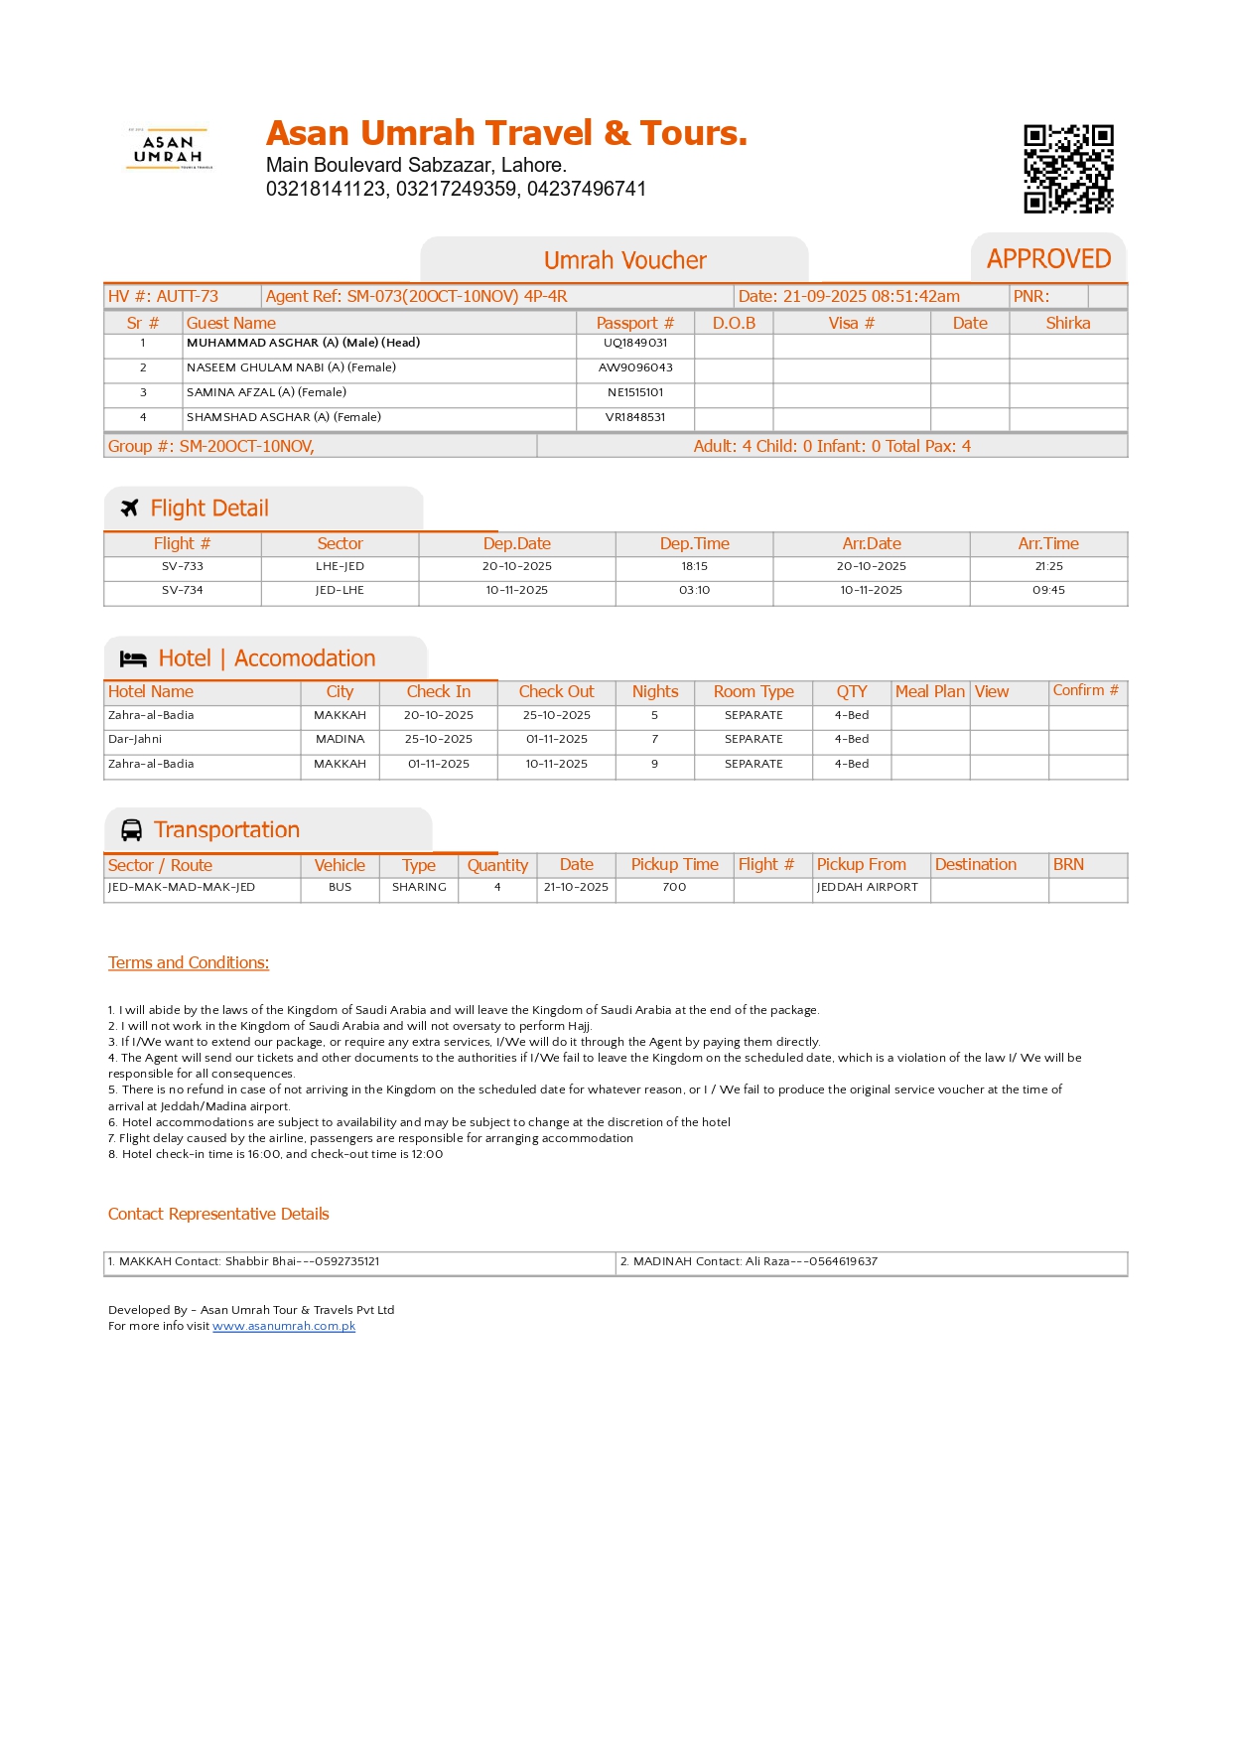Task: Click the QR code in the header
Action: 1068,169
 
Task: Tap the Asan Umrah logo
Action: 169,149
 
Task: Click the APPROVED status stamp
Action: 1048,259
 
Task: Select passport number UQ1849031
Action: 635,343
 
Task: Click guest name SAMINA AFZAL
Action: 266,392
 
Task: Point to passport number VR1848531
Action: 635,417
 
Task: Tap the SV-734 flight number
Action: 183,590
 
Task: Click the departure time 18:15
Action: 694,566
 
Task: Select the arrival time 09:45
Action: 1048,590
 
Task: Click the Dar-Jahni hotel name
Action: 135,739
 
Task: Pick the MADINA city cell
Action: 340,739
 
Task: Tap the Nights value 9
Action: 654,764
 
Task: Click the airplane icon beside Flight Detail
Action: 130,509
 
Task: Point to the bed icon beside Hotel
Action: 133,658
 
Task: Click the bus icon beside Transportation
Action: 131,830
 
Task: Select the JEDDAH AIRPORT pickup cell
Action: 867,887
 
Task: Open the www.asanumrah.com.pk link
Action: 284,1326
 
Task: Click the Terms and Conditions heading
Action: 189,962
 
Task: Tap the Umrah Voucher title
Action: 624,260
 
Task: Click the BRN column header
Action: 1068,864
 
